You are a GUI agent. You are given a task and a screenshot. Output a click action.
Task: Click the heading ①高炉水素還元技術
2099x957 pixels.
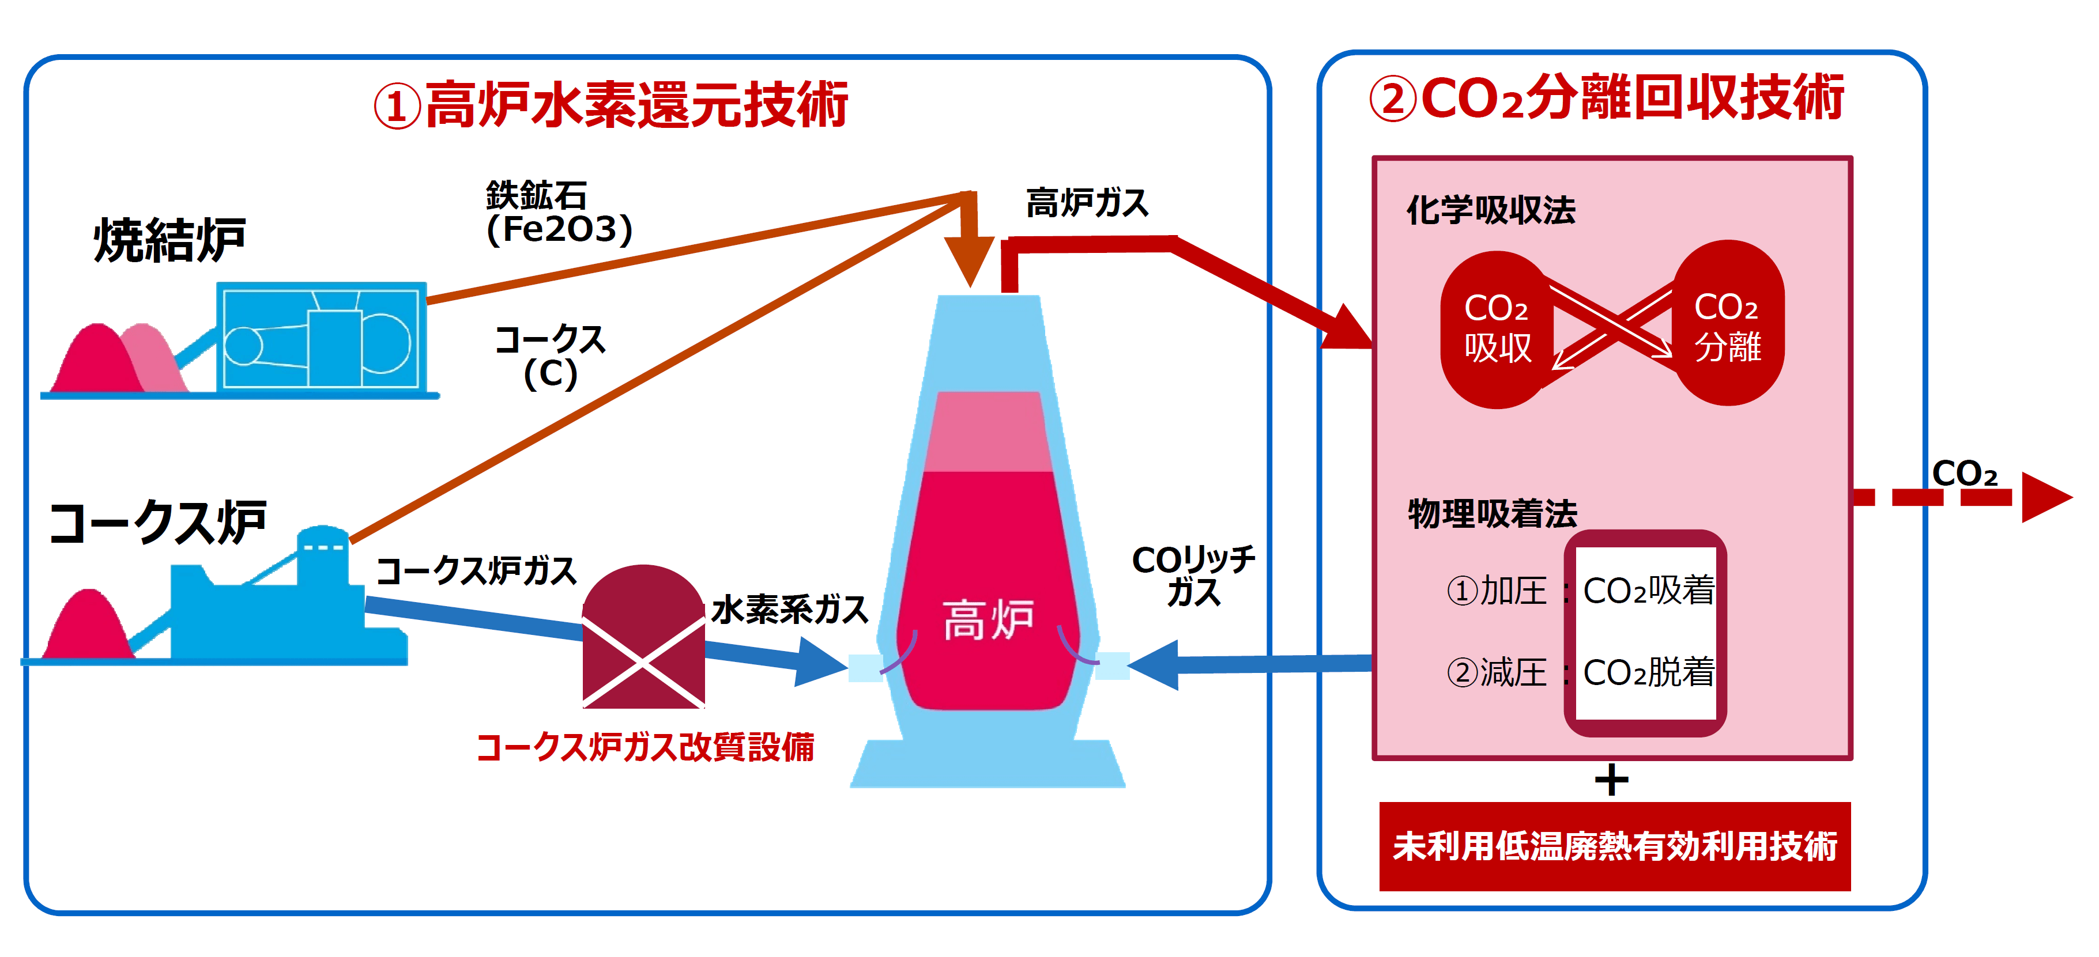(611, 106)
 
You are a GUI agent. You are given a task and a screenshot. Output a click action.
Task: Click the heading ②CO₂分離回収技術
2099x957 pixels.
(1607, 99)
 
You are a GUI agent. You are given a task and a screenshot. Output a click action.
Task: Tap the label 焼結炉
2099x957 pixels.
(169, 240)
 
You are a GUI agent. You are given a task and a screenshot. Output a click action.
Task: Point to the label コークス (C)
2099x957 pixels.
(551, 357)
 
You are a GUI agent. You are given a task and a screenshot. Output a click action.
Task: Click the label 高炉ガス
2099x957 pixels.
(1087, 203)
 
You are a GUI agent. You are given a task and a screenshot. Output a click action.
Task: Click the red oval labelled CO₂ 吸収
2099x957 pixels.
(1497, 330)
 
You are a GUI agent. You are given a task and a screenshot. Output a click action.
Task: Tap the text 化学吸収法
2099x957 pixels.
(1491, 210)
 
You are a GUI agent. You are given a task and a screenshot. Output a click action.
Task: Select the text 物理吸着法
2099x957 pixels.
(1493, 514)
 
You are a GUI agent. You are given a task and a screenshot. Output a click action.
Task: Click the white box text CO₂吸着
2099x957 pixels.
(1648, 591)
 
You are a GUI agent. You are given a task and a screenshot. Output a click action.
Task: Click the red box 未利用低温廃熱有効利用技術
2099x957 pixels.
(1615, 846)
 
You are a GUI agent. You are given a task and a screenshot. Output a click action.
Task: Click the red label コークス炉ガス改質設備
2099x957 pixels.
(645, 747)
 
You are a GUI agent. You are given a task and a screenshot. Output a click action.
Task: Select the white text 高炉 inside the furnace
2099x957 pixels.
(988, 620)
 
